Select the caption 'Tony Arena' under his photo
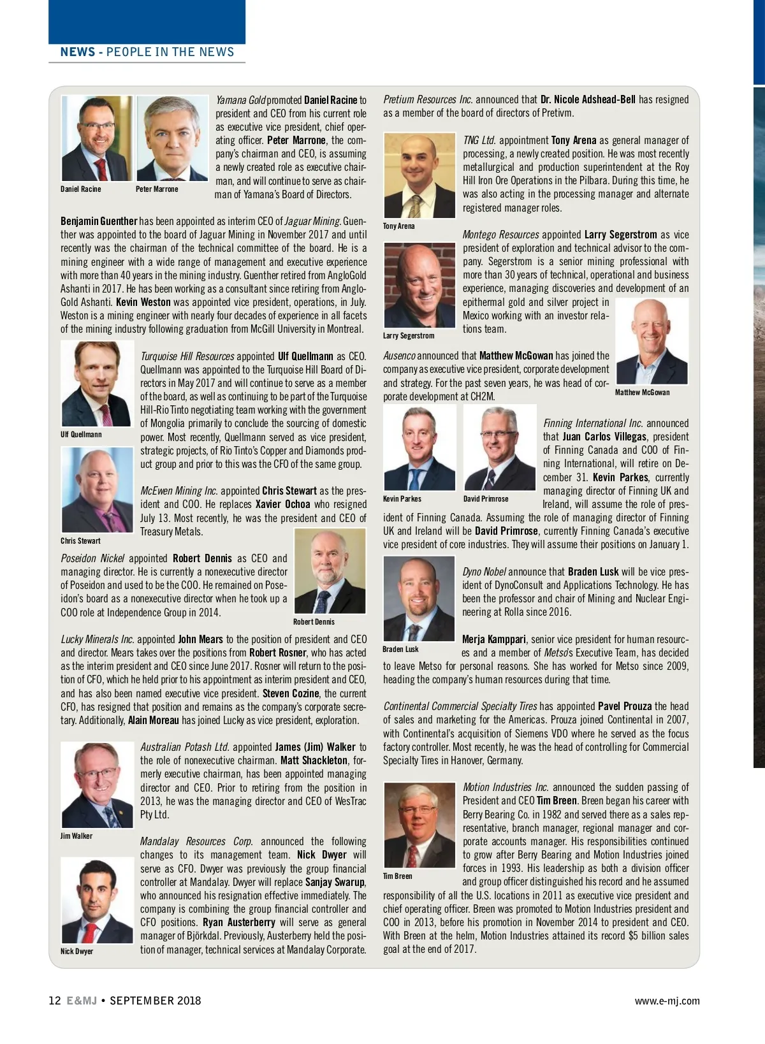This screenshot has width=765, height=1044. coord(398,226)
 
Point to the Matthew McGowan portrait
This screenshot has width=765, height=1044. coord(652,341)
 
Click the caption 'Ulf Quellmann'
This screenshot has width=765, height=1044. coord(81,434)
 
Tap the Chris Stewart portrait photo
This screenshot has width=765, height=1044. coord(97,489)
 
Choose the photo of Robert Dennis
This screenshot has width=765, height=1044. coord(330,571)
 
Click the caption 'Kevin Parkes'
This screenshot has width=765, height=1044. coord(402,498)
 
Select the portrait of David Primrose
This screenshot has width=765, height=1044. coord(499,448)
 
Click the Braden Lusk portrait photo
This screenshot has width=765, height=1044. coord(419,598)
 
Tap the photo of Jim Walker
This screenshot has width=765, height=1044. coord(97,785)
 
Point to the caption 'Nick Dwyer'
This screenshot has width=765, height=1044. coord(76,951)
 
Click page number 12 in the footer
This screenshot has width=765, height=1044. coord(55,1000)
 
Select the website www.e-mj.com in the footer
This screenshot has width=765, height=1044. coord(667,1001)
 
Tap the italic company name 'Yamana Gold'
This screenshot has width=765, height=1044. coord(240,100)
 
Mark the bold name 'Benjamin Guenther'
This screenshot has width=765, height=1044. coord(99,221)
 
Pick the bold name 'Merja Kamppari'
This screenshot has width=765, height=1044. coord(494,639)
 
